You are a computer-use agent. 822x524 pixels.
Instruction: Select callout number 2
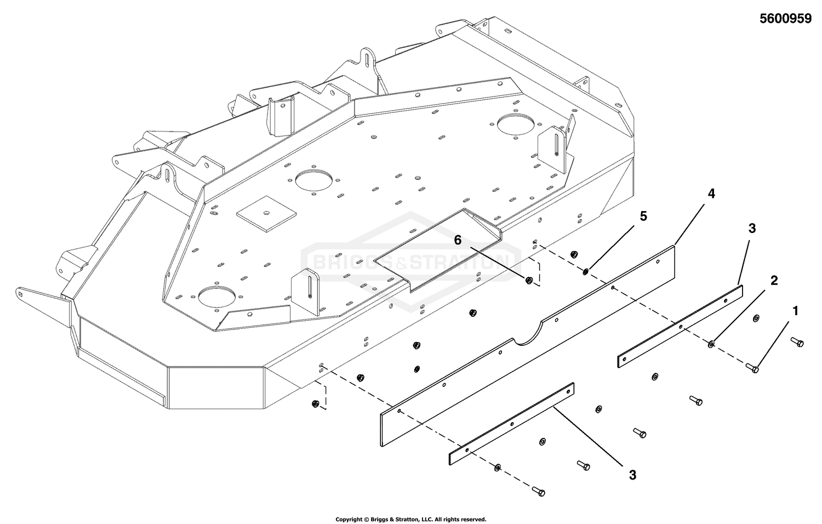pos(774,281)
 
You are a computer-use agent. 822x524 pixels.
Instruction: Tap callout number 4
pos(711,193)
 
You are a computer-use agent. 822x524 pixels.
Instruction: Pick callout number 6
pos(458,239)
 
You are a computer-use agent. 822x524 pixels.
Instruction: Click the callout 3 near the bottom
pos(632,475)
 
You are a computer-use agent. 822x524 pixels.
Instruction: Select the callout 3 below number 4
pos(752,229)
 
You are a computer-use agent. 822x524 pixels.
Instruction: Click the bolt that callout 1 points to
pos(754,368)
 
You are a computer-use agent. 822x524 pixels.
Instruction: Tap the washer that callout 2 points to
pos(711,344)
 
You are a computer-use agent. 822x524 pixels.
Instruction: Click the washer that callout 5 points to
pos(586,271)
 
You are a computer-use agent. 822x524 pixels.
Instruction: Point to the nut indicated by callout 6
pos(528,280)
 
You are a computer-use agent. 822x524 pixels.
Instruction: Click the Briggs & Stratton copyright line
pos(410,519)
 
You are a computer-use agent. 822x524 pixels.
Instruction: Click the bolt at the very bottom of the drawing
pos(539,492)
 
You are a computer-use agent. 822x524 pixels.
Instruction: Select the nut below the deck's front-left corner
pos(315,404)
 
